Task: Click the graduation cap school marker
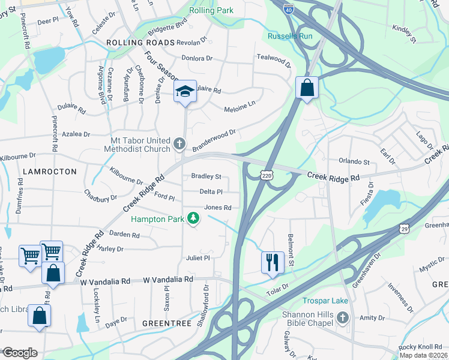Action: (185, 92)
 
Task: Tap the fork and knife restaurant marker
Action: (272, 262)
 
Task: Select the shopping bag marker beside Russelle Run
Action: (307, 88)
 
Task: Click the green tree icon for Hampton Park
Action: (193, 218)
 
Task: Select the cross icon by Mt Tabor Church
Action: (179, 143)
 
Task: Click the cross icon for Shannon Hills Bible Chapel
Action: (342, 317)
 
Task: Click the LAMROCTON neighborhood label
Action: (50, 172)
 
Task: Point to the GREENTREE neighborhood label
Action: (166, 323)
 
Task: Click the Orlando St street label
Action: (354, 162)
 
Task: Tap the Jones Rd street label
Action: (218, 208)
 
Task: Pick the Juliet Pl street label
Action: (197, 258)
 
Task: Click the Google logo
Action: (19, 353)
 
